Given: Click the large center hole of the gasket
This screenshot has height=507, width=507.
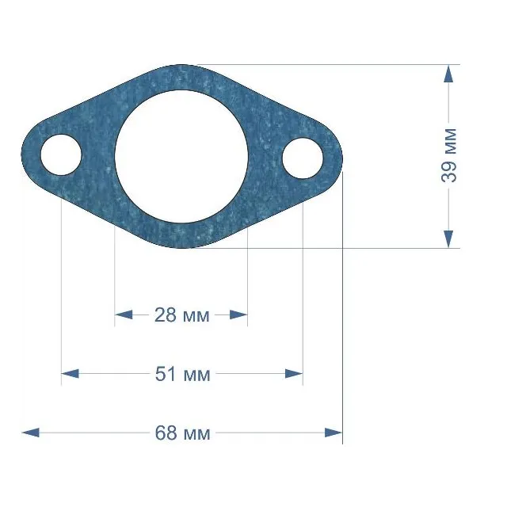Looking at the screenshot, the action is pos(181,157).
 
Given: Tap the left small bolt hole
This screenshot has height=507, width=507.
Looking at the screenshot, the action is pos(61,154).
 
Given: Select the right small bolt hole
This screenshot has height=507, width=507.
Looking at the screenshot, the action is pos(303,158).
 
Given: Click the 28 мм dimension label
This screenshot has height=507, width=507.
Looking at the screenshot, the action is pos(181,315).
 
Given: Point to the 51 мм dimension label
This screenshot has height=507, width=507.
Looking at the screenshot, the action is pos(183,374).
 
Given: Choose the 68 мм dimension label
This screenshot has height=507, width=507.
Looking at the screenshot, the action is pos(182,433).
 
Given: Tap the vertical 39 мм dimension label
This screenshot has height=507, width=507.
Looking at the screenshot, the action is pos(449,155).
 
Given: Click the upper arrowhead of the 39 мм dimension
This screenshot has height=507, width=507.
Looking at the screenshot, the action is pos(448,74).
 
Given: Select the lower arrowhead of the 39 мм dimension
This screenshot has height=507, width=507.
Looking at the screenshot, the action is pos(448,239).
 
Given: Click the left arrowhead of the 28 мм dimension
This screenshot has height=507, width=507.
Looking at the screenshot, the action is pos(124,314).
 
